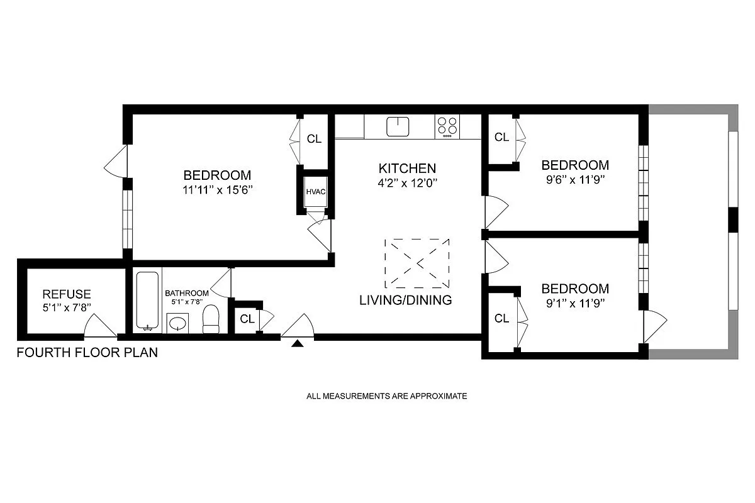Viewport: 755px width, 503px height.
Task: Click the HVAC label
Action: pos(316,192)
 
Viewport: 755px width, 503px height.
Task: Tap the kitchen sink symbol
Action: pos(398,126)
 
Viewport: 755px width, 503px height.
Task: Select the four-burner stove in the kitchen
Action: pos(447,126)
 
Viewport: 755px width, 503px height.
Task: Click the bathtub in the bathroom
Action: pos(148,300)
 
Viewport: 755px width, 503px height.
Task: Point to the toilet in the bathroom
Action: pos(210,319)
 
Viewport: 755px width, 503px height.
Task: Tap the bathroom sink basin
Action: pos(179,324)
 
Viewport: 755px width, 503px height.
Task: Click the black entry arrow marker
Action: pos(298,343)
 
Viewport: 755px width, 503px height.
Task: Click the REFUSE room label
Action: pos(67,294)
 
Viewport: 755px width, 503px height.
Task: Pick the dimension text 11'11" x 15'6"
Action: pos(217,189)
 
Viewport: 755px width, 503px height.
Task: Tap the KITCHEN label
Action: pos(407,169)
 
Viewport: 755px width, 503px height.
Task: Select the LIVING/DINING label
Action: pos(405,300)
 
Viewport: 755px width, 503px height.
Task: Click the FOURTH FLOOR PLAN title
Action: pos(87,353)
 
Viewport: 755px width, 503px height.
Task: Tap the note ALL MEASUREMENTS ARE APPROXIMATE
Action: pos(386,396)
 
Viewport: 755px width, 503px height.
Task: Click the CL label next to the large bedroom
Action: pos(314,139)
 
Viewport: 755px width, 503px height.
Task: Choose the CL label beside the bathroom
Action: pos(247,319)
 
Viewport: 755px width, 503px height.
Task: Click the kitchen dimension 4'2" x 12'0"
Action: pos(407,183)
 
